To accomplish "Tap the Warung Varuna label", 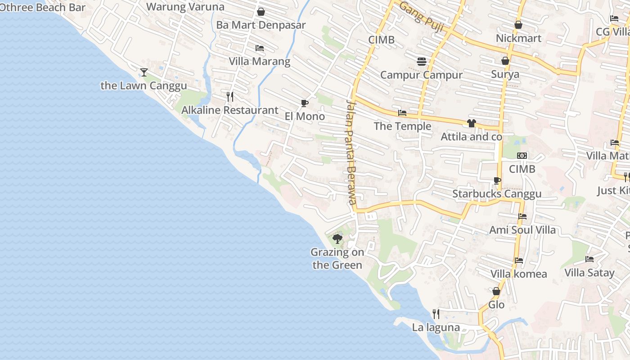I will tap(185, 7).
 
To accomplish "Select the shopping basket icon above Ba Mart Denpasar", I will tap(261, 12).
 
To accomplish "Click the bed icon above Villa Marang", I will tap(260, 48).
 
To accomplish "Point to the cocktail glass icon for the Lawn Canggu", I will tap(144, 72).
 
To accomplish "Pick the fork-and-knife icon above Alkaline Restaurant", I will tap(230, 96).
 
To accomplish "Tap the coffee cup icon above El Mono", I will tap(305, 103).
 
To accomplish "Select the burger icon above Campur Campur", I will tap(422, 62).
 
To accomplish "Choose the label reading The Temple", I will tap(402, 126).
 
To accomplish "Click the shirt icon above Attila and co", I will tap(472, 123).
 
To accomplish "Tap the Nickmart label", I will tap(518, 38).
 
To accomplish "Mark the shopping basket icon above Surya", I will tap(505, 61).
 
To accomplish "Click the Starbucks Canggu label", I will tap(497, 194).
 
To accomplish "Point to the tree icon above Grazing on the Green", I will tap(337, 238).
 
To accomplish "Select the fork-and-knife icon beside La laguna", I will tap(436, 314).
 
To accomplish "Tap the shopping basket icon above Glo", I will tap(496, 292).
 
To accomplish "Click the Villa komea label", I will tap(518, 274).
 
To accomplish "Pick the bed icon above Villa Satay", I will tap(589, 259).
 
